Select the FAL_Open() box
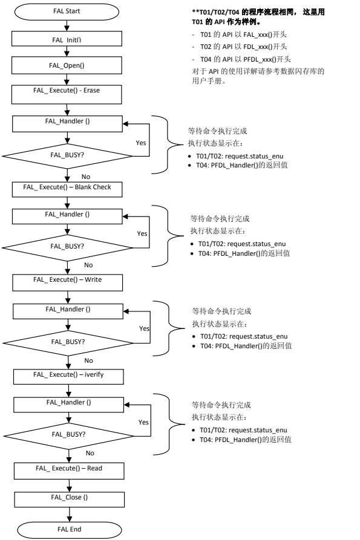point(68,67)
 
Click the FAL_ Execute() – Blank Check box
point(68,187)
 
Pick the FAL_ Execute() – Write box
point(68,281)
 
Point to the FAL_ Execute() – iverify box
point(68,375)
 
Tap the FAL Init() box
point(68,39)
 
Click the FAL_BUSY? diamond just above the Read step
point(68,434)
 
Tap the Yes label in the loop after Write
point(144,328)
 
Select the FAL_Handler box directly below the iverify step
point(68,402)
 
